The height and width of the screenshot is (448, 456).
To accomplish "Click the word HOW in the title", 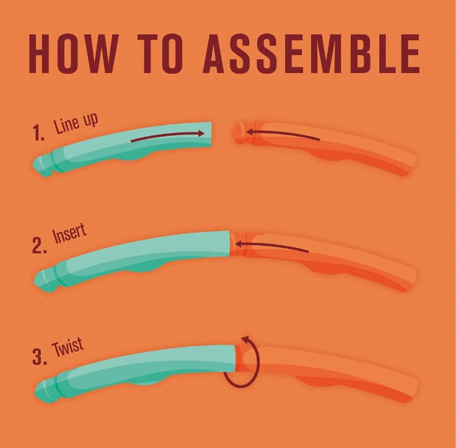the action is [74, 53].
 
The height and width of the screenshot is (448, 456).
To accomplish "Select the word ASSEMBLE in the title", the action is [311, 53].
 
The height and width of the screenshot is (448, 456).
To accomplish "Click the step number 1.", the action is [38, 133].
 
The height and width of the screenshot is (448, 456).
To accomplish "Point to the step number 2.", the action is [39, 245].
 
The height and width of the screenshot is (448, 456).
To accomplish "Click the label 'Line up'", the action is [76, 124].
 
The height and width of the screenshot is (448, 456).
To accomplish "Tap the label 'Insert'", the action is [70, 234].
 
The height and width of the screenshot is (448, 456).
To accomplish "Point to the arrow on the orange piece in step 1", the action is [283, 134].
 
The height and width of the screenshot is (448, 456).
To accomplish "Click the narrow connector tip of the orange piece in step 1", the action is [240, 133].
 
